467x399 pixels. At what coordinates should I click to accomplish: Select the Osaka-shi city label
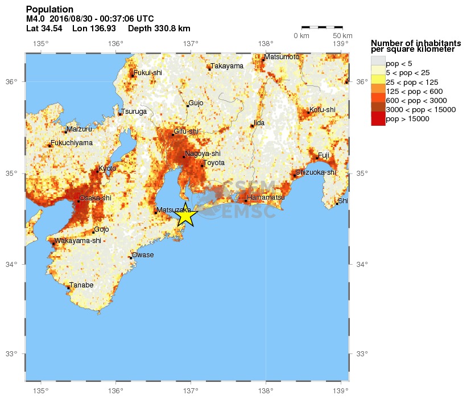(x=96, y=198)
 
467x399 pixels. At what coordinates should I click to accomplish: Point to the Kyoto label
(x=107, y=168)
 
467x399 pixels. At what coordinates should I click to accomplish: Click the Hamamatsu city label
(x=266, y=197)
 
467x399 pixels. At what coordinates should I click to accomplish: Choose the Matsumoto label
(x=282, y=57)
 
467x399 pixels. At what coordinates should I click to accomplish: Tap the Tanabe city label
(x=81, y=285)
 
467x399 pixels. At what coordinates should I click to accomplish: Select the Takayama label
(x=227, y=66)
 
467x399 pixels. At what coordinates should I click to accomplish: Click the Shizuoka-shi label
(x=316, y=172)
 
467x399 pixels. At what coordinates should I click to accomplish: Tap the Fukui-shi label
(x=148, y=72)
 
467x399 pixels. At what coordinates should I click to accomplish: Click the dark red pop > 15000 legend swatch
(x=378, y=119)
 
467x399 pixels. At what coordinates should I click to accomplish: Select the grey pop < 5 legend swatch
(x=378, y=63)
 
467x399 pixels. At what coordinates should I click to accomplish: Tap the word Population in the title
(x=49, y=9)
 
